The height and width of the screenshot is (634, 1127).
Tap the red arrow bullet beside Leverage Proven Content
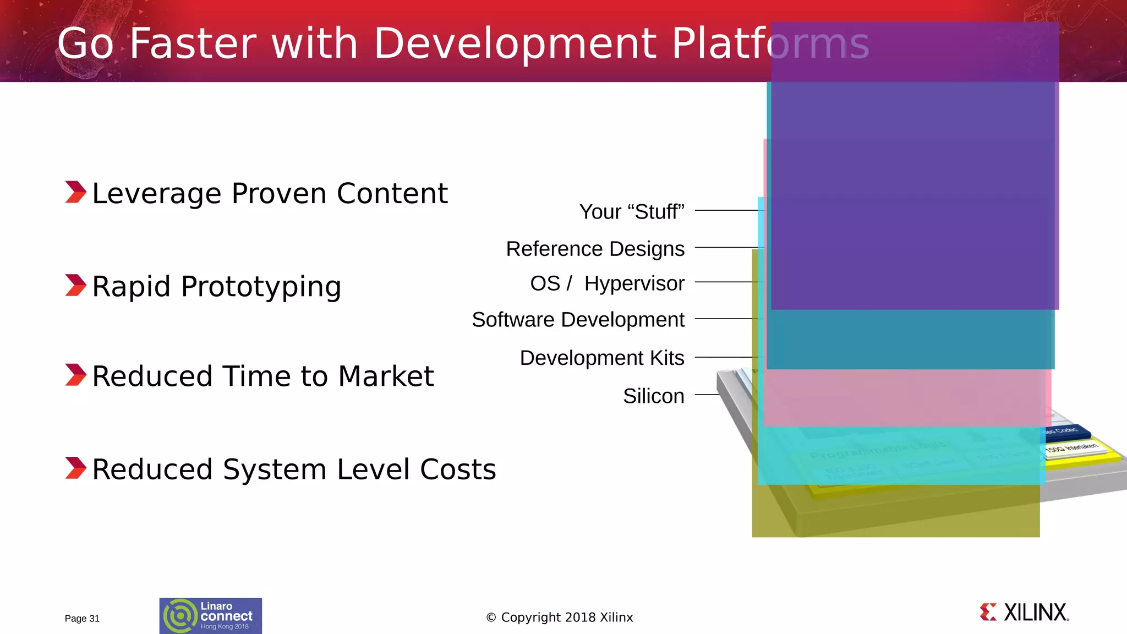click(75, 192)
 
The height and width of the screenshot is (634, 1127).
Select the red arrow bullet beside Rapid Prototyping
click(75, 285)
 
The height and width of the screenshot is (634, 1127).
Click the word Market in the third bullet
click(386, 376)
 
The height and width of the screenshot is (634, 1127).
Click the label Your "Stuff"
click(631, 212)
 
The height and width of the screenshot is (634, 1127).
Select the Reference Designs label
click(595, 249)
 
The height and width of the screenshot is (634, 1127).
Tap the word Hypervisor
click(634, 283)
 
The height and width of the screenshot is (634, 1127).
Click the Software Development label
click(578, 320)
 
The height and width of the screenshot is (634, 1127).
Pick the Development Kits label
click(601, 358)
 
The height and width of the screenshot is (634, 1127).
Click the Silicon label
click(653, 396)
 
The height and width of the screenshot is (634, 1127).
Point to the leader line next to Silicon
click(707, 394)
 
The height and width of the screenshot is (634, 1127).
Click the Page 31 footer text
click(82, 619)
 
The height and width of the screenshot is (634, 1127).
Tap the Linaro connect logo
click(210, 616)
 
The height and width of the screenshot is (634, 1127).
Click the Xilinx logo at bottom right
click(1024, 613)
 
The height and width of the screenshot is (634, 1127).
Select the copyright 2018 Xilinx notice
click(560, 617)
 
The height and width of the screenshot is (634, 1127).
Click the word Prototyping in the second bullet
click(261, 287)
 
